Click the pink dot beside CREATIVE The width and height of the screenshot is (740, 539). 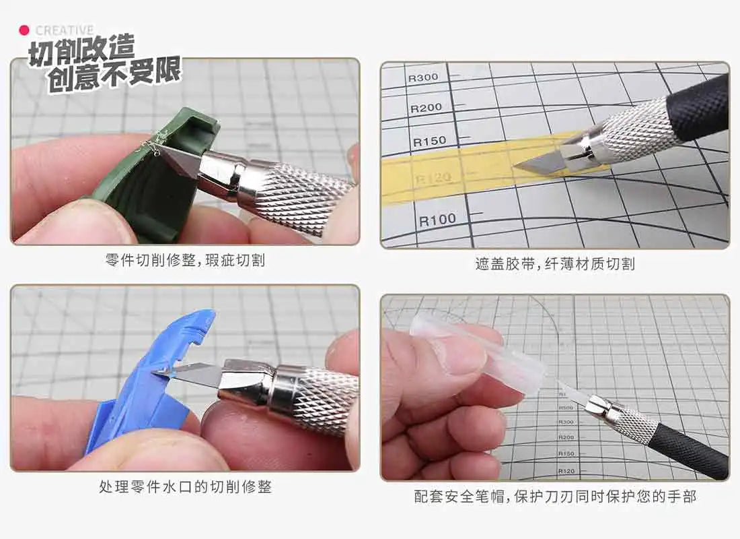click(x=24, y=31)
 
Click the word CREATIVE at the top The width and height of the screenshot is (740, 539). click(x=65, y=31)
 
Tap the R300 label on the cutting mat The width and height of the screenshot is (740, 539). click(x=423, y=77)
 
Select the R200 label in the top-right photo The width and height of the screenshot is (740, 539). click(x=426, y=108)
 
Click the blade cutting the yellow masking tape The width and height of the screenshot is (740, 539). click(x=538, y=162)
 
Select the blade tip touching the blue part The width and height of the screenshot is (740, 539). click(x=153, y=373)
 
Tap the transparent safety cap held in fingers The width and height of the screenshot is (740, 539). click(x=477, y=352)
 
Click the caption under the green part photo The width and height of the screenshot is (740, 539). click(x=185, y=260)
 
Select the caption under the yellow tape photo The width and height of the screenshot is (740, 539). click(x=555, y=263)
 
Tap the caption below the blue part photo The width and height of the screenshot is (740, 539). click(x=185, y=486)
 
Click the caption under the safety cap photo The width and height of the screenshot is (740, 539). click(x=555, y=496)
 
